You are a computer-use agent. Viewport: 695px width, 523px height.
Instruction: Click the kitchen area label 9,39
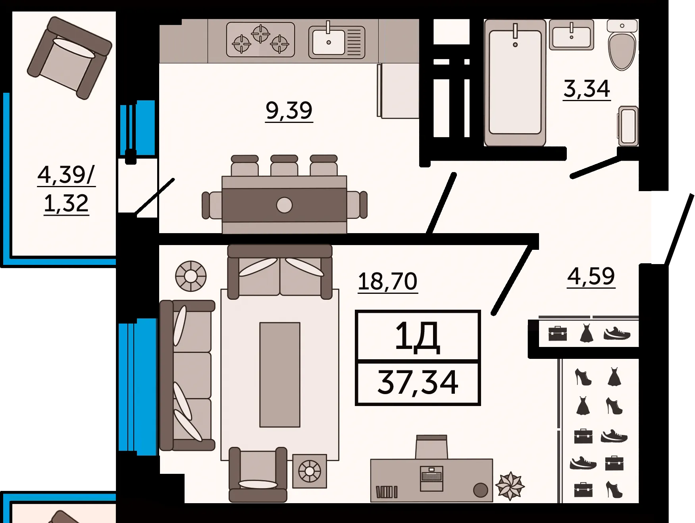(x=289, y=111)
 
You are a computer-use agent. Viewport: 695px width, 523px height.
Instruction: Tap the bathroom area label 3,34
(x=587, y=89)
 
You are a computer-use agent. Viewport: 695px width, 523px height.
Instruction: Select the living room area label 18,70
(x=387, y=282)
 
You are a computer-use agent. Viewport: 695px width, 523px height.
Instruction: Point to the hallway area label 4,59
(x=591, y=276)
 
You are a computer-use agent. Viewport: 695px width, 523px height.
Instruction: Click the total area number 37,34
(x=418, y=382)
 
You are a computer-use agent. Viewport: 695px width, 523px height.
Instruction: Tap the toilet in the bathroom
(x=622, y=45)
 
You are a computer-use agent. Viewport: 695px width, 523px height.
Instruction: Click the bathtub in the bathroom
(x=515, y=82)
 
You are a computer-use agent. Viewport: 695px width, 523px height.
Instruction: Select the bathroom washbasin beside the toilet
(x=572, y=35)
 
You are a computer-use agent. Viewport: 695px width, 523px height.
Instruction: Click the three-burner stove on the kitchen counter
(x=260, y=40)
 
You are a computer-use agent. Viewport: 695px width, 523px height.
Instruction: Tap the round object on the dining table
(x=284, y=205)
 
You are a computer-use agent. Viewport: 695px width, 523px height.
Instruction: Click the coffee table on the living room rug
(x=280, y=375)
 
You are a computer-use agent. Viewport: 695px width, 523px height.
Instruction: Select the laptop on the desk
(x=431, y=479)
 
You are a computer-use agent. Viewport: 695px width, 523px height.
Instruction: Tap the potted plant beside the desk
(x=510, y=486)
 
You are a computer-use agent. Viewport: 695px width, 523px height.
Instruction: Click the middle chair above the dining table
(x=284, y=165)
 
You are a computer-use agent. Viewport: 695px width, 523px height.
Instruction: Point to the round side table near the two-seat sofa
(x=191, y=276)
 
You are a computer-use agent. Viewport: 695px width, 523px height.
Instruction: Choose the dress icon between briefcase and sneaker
(x=586, y=333)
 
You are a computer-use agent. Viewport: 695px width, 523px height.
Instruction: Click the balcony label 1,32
(x=66, y=204)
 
